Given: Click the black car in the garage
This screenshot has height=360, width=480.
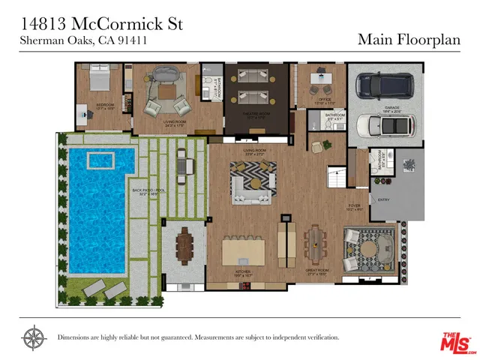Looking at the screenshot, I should [385, 88].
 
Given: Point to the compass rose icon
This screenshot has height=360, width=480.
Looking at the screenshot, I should [33, 337].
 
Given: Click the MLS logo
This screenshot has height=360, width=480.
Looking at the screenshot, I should [455, 342].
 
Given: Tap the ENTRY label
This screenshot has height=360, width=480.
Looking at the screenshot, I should [384, 200].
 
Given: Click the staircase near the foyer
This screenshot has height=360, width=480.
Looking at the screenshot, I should [335, 178].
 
